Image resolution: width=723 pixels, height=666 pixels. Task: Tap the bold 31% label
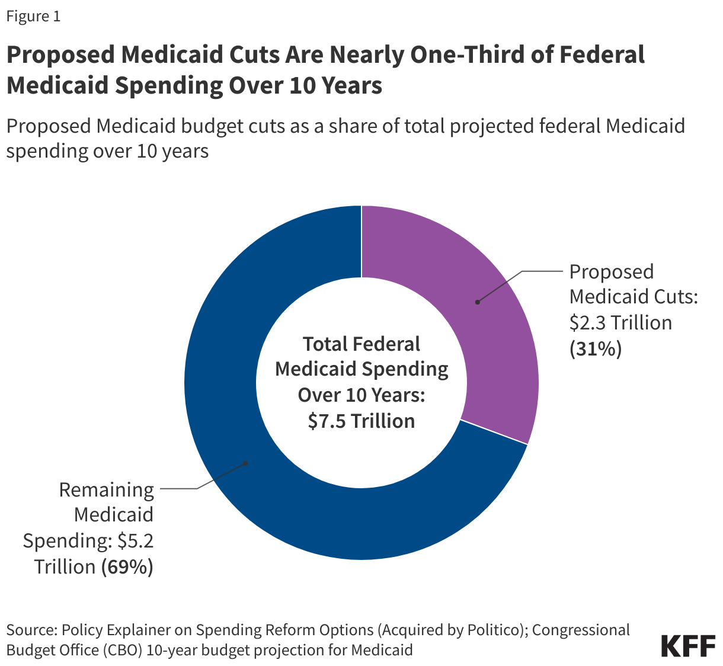click(595, 349)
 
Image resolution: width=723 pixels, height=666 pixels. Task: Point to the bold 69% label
click(127, 566)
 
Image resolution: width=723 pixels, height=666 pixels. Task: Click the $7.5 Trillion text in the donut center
click(361, 421)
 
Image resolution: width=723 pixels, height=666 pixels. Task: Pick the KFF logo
click(688, 646)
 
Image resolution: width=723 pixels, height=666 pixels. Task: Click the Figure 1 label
click(33, 16)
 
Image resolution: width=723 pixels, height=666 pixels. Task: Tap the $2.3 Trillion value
click(620, 323)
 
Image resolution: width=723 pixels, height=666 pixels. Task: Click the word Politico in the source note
click(495, 629)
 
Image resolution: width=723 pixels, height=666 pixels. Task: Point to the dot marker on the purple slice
click(478, 302)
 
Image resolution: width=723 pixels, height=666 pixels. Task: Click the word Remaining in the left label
click(107, 490)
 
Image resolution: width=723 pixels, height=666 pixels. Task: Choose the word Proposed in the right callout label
click(612, 272)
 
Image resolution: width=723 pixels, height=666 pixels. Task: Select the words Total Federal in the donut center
click(361, 344)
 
